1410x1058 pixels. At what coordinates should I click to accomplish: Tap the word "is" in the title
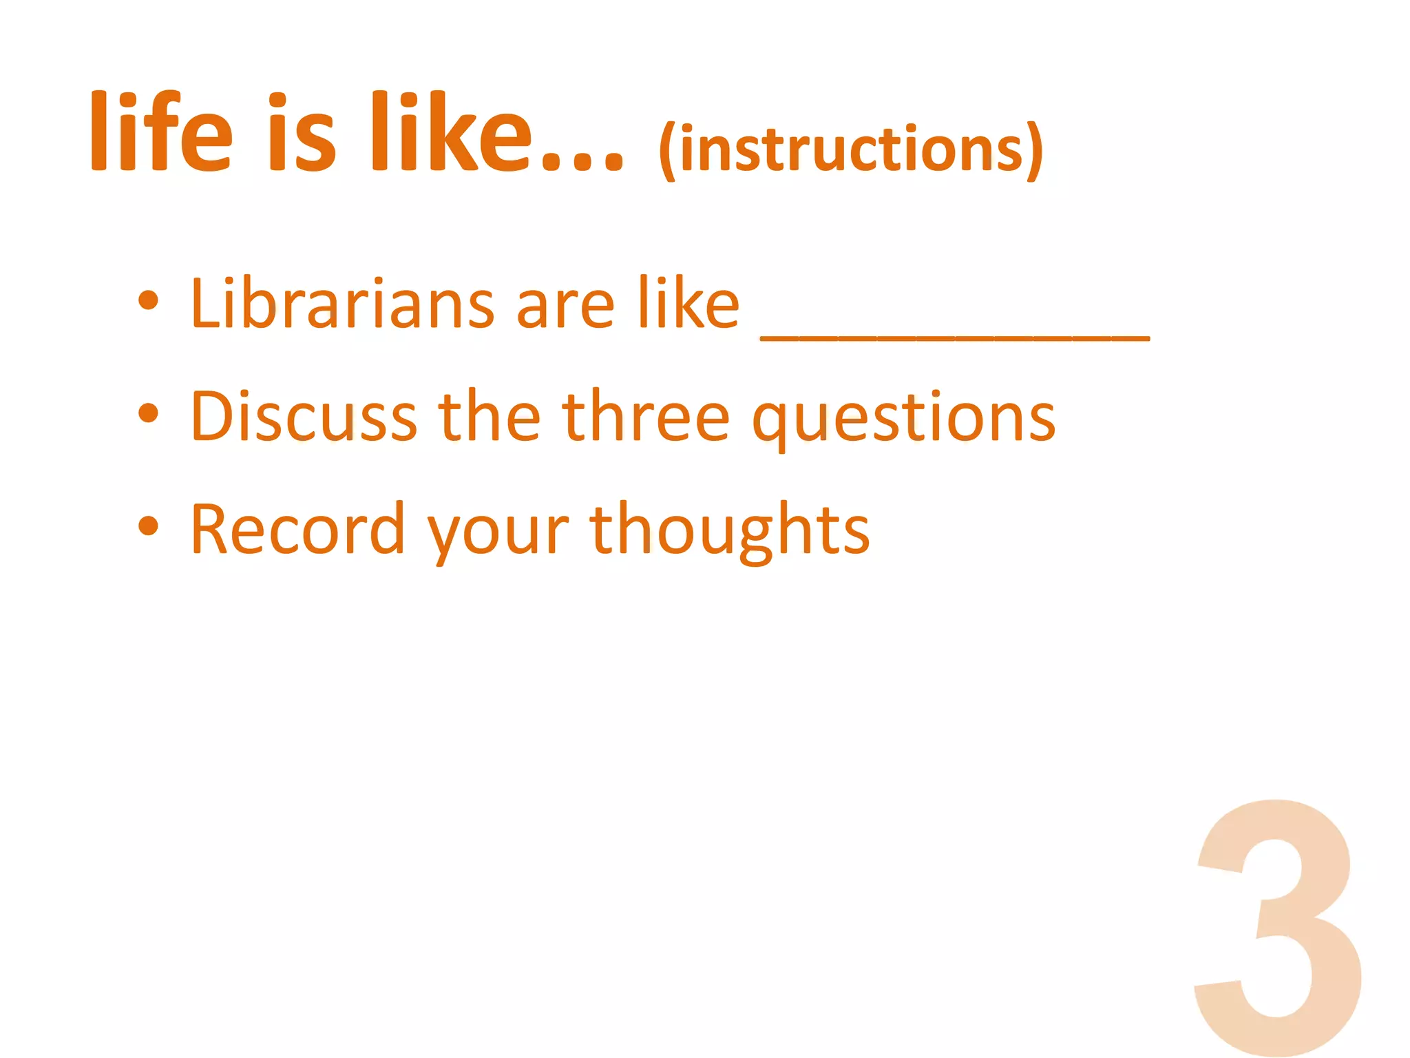coord(301,132)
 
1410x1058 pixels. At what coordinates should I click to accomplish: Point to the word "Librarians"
coord(342,302)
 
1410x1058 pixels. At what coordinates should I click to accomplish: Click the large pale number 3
coord(1278,926)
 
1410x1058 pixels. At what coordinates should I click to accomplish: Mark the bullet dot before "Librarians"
coord(148,301)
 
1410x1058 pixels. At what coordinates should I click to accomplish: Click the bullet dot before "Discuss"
coord(148,413)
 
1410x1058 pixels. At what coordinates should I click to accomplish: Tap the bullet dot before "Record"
coord(148,526)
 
